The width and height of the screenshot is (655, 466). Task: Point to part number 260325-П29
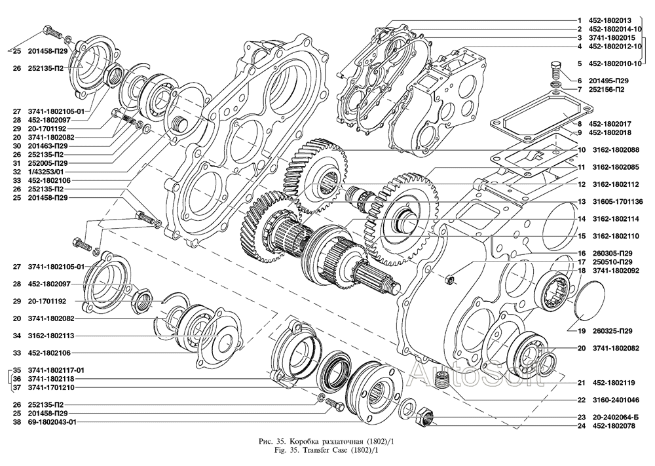tap(614, 331)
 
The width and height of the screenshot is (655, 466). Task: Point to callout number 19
tap(580, 331)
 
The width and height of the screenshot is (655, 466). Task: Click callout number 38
tap(16, 423)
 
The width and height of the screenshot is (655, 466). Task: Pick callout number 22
tap(580, 399)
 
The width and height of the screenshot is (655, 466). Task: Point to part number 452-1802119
tap(614, 382)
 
